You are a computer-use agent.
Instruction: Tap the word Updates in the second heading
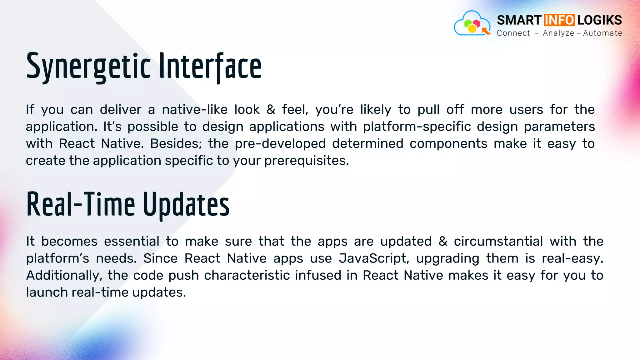pos(186,205)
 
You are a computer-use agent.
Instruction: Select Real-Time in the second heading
pos(81,205)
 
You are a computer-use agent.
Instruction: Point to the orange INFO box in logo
pos(559,20)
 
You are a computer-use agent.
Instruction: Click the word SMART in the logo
pos(519,20)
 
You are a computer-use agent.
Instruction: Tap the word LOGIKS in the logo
pos(599,20)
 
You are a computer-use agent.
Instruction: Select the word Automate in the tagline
pos(602,33)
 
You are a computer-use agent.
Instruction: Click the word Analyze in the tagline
pos(558,33)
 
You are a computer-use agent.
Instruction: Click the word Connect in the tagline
pos(513,33)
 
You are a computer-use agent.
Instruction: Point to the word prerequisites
pos(306,161)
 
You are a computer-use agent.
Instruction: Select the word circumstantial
pos(498,242)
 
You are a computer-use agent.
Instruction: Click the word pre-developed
pos(280,144)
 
